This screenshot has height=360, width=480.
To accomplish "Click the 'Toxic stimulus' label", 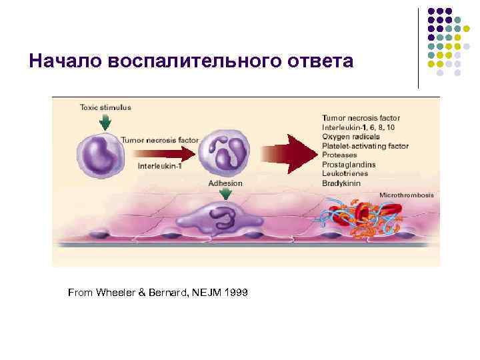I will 105,107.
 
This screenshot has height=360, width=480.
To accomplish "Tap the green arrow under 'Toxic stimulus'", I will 104,122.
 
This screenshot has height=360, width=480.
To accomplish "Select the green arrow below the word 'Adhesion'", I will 226,193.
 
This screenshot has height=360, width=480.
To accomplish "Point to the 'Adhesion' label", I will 225,183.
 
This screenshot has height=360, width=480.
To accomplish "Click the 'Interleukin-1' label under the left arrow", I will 161,165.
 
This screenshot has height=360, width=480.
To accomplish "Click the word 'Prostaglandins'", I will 349,164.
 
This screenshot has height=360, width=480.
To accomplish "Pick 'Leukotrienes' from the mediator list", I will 345,173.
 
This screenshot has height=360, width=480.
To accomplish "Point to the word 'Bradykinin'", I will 342,183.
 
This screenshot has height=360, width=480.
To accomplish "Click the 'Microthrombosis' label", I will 406,195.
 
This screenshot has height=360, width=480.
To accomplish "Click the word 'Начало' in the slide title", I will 62,62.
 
